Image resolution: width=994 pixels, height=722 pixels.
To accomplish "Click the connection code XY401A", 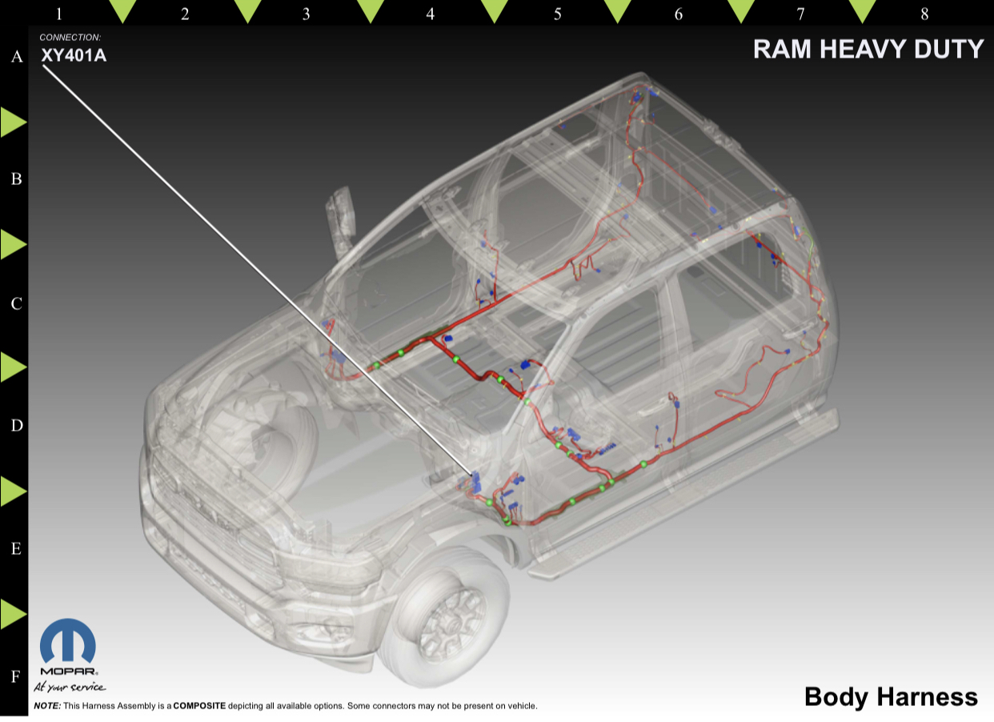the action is [74, 55].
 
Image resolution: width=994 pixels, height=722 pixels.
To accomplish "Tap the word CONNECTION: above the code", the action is [70, 38].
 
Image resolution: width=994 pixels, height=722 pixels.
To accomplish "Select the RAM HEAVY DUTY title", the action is [868, 49].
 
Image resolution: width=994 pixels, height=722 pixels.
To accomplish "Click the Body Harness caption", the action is [891, 696].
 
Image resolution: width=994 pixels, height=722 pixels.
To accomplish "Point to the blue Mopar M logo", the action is [68, 640].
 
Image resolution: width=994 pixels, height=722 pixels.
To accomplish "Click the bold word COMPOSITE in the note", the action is [199, 705].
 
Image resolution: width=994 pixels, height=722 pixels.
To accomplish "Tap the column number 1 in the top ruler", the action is [59, 14].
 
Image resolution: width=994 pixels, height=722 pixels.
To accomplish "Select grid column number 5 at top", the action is [557, 14].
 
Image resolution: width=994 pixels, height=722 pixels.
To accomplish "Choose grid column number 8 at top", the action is [924, 14].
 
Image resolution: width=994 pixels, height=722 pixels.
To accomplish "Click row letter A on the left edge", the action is [17, 56].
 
